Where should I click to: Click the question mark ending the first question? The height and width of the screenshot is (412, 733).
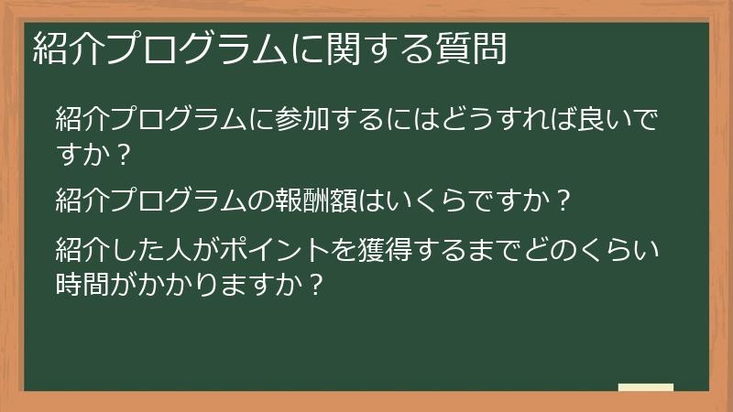pyautogui.click(x=125, y=156)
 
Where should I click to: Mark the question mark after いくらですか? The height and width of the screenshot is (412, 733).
pyautogui.click(x=564, y=199)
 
